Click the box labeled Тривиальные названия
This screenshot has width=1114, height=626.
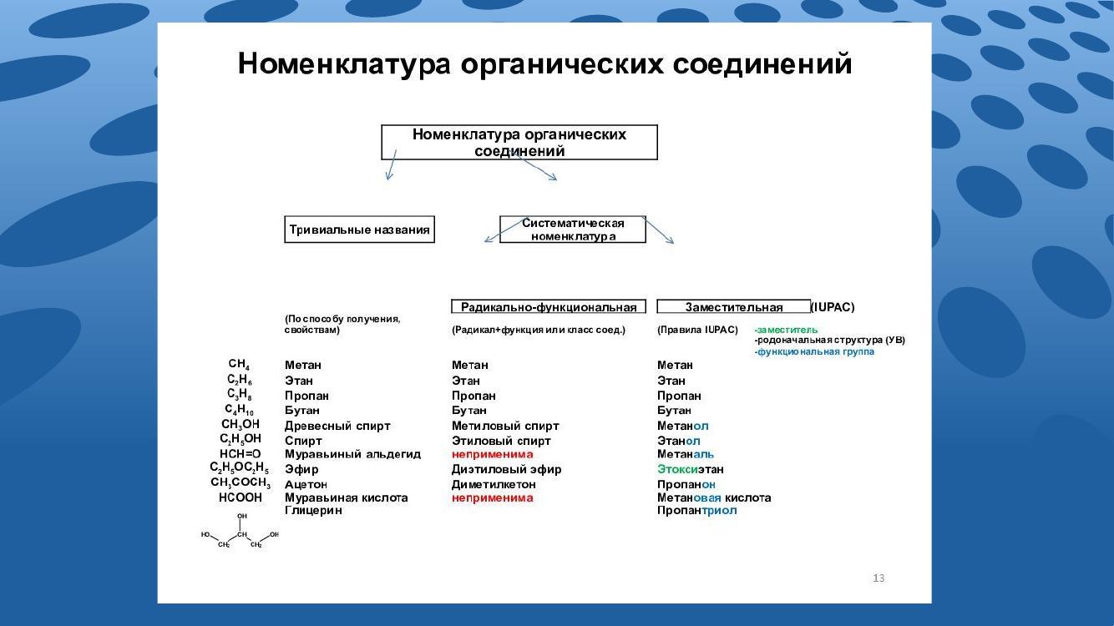tap(359, 230)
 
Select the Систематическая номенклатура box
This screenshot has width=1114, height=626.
tap(572, 230)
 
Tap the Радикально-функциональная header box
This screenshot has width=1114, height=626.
tap(549, 306)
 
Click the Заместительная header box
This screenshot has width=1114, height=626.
tap(733, 306)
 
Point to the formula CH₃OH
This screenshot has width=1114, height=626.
tap(241, 425)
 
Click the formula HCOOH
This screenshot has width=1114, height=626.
tap(241, 497)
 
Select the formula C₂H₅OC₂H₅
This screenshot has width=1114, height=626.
tap(239, 468)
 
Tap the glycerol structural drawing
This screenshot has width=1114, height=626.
tap(240, 531)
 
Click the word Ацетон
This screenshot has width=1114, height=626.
tap(306, 484)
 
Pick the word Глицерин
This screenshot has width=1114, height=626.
tap(313, 510)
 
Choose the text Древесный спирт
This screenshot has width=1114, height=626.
tap(337, 427)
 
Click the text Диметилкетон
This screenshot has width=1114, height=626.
tap(494, 484)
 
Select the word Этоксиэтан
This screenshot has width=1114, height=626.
tap(691, 469)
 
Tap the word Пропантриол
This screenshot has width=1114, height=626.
tap(696, 510)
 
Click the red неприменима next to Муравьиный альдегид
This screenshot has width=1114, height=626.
tap(493, 454)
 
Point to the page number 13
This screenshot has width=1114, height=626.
tap(879, 578)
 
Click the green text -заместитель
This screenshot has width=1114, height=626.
tap(786, 330)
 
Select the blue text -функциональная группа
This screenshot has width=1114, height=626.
tap(814, 351)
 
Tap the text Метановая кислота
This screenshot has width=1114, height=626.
tap(714, 497)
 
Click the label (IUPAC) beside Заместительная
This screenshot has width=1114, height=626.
tap(833, 307)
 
